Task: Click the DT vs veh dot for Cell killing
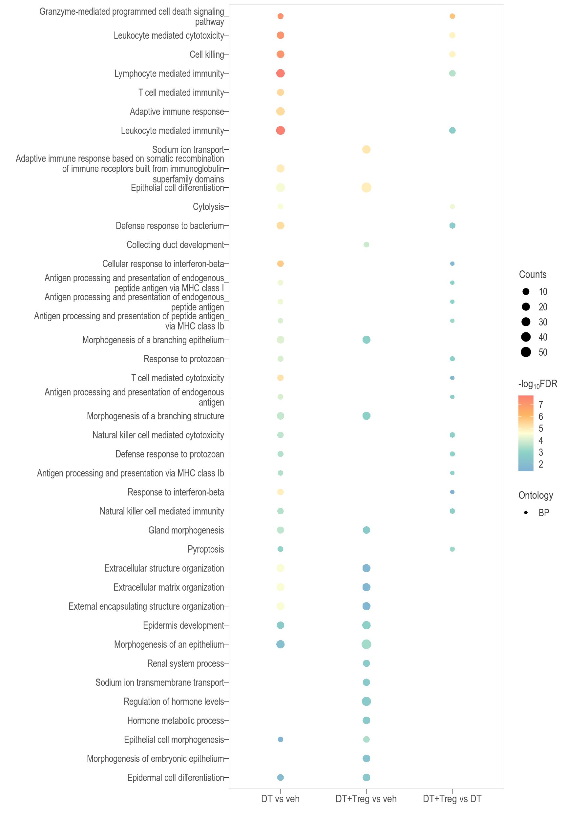pos(280,54)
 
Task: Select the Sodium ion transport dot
pos(366,150)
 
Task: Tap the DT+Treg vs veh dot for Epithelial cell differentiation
pos(366,188)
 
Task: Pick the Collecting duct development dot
pos(366,245)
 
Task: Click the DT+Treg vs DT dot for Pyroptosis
pos(452,549)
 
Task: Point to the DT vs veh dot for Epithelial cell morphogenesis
pos(280,740)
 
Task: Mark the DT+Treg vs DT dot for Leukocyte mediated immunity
pos(452,130)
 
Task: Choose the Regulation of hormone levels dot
pos(366,702)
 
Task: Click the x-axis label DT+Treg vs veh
pos(366,799)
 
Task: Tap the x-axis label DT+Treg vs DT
pos(452,799)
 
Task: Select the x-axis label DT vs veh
pos(280,799)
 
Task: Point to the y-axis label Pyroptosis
pos(206,549)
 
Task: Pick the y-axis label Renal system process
pos(185,663)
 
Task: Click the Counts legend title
pos(533,275)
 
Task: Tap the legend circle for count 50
pos(526,352)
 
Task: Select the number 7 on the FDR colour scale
pos(541,405)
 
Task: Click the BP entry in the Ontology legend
pos(544,513)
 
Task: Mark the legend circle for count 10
pos(526,292)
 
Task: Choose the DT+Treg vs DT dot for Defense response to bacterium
pos(452,225)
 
